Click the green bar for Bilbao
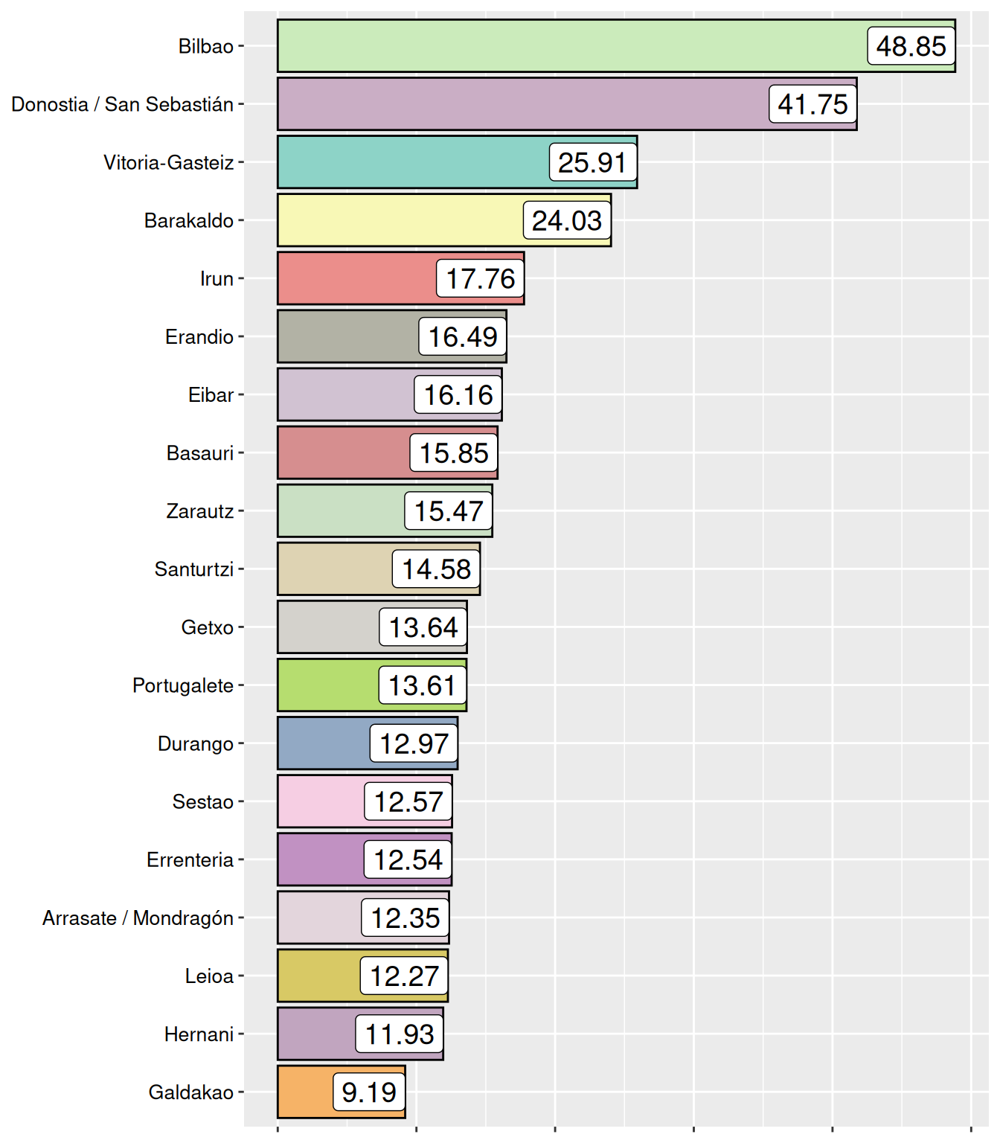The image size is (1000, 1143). (x=565, y=46)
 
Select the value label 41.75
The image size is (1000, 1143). (x=812, y=104)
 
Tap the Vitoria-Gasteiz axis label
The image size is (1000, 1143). (x=169, y=162)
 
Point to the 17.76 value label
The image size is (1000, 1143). (x=480, y=278)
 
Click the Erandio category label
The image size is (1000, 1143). (x=199, y=336)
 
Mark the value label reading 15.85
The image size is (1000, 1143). (x=454, y=452)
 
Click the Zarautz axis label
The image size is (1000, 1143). (x=200, y=511)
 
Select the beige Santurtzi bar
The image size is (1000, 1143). (x=335, y=569)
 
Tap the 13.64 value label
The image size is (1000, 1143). (x=423, y=627)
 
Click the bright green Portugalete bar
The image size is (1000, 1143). (x=327, y=685)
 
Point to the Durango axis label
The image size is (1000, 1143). (x=196, y=743)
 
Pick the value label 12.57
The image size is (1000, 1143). (x=408, y=801)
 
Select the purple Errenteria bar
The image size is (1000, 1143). (x=320, y=859)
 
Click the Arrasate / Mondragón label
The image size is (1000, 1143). (x=138, y=918)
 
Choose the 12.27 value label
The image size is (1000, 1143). (x=404, y=976)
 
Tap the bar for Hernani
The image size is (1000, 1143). (x=316, y=1034)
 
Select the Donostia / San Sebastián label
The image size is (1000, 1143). (x=123, y=104)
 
